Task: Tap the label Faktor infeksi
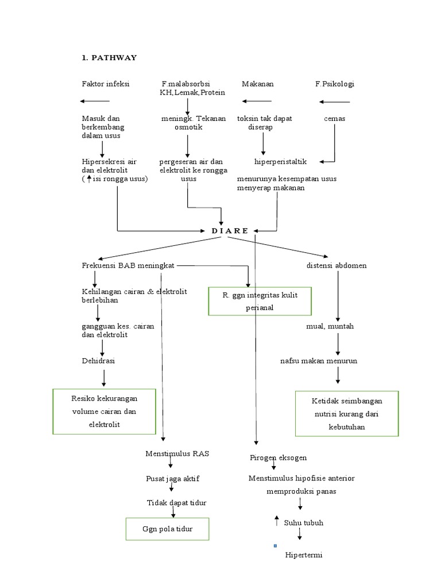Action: click(x=106, y=84)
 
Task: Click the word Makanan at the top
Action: click(x=257, y=84)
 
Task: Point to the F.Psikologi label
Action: click(x=334, y=84)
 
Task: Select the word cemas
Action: click(x=334, y=119)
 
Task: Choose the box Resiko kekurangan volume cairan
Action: click(x=105, y=411)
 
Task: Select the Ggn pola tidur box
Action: click(x=168, y=529)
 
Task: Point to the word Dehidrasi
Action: click(x=98, y=361)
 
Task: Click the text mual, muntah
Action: click(x=330, y=326)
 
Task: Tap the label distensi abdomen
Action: click(x=336, y=265)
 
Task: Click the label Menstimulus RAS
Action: click(x=177, y=453)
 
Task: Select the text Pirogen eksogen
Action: click(x=278, y=457)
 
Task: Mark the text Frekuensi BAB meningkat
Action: click(x=128, y=265)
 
